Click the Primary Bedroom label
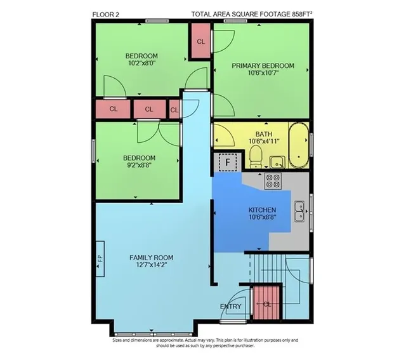[263, 66]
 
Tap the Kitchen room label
[262, 210]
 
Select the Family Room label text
[152, 258]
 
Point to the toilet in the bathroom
[256, 156]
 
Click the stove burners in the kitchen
[273, 181]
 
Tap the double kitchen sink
[299, 211]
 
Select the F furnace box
[228, 163]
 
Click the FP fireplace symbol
[100, 259]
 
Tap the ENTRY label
[230, 307]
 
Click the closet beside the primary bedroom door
[200, 41]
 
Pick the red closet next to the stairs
[266, 303]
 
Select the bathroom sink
[277, 163]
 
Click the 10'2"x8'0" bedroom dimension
[141, 63]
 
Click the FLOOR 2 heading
[106, 15]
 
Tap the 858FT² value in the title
[302, 14]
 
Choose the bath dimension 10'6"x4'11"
[264, 141]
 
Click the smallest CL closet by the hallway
[174, 110]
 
